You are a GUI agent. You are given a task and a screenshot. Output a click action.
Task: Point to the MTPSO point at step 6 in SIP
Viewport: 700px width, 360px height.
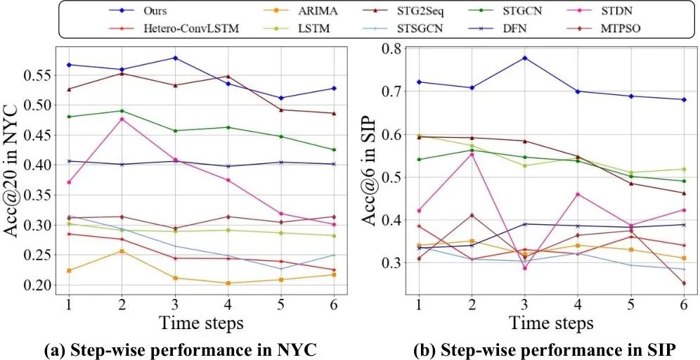[683, 283]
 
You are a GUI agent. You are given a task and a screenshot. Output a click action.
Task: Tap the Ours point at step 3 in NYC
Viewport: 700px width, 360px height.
[175, 58]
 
